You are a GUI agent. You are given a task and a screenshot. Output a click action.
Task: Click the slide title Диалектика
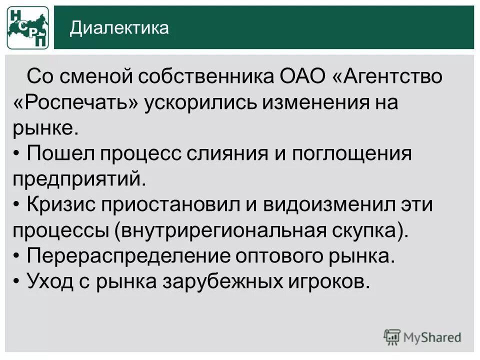(119, 28)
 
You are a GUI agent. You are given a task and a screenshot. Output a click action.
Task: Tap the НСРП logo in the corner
(27, 28)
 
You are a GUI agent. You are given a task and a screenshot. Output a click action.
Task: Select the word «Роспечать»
(75, 103)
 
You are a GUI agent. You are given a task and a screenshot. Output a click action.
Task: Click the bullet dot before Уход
(17, 281)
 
